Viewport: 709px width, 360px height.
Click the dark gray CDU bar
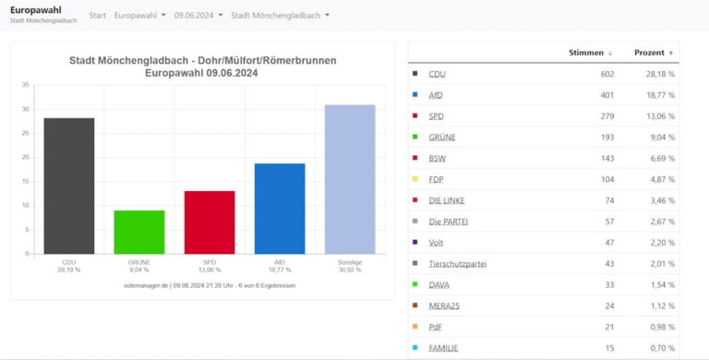point(69,186)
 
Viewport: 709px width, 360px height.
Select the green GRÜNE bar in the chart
point(139,232)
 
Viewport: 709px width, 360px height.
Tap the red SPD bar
point(210,222)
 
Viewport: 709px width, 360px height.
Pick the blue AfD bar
point(280,209)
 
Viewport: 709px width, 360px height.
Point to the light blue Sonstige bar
point(350,180)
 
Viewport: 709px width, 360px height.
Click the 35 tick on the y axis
point(25,85)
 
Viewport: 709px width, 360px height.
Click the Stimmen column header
point(586,53)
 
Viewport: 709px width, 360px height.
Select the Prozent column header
point(649,53)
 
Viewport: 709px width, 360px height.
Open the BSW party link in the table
point(438,158)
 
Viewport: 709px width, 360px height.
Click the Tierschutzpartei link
point(458,264)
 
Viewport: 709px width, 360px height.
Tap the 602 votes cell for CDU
point(607,74)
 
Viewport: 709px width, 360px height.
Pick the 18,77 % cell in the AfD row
point(660,95)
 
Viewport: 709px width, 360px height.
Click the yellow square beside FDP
point(415,179)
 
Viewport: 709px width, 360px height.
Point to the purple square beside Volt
point(415,243)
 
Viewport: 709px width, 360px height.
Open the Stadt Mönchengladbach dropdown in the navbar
point(280,16)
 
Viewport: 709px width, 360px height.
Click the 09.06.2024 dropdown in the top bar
point(198,16)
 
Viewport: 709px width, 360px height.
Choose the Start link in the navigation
point(97,16)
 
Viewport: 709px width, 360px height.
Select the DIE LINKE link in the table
point(447,200)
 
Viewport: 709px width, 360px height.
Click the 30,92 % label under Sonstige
point(350,270)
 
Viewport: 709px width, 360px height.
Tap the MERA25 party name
point(444,306)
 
